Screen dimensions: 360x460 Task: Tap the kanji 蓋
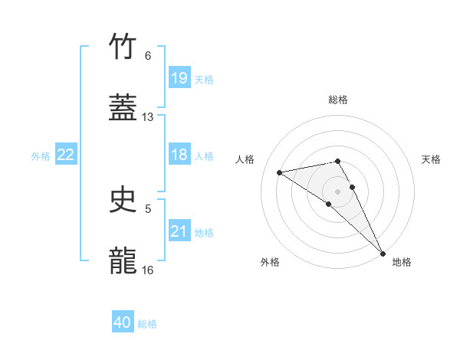[123, 108]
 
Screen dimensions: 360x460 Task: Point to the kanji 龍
[123, 260]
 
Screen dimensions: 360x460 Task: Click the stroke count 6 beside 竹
[148, 56]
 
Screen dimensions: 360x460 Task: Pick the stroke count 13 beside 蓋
[148, 117]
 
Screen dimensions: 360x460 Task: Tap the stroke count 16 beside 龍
[148, 270]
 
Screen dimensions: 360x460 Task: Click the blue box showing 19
[179, 78]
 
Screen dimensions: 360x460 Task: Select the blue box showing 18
[179, 155]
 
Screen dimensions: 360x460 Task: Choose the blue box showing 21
[179, 231]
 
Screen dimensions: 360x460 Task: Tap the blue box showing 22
[66, 155]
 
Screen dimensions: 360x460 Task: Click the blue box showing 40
[123, 322]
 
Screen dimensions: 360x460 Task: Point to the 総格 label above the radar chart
[338, 100]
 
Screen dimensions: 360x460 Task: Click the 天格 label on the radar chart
[431, 159]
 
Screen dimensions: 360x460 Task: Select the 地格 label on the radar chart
[402, 262]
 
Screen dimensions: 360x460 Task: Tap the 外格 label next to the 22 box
[41, 156]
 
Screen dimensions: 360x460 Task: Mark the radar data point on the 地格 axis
[383, 253]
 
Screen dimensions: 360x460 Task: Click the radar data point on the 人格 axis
[280, 172]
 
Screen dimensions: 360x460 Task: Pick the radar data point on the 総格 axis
[337, 161]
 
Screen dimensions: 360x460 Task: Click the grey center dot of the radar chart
[337, 191]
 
